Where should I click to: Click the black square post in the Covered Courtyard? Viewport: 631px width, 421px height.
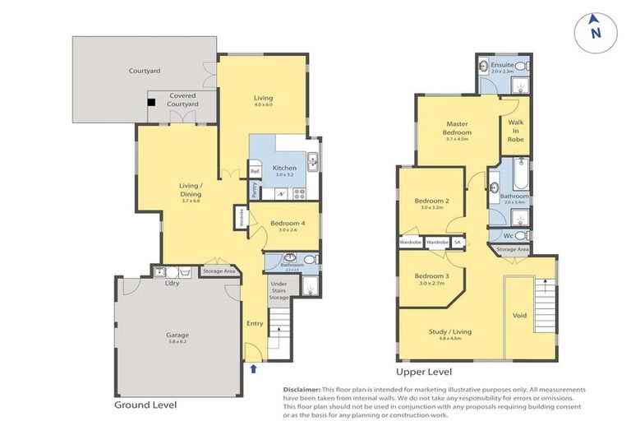pyautogui.click(x=152, y=102)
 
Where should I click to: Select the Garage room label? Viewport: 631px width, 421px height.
pyautogui.click(x=177, y=335)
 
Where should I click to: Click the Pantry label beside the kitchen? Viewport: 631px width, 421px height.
pyautogui.click(x=256, y=190)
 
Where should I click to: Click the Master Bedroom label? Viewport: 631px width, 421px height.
pyautogui.click(x=457, y=128)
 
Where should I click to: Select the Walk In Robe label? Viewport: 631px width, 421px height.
pyautogui.click(x=515, y=132)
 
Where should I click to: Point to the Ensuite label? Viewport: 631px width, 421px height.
pyautogui.click(x=502, y=65)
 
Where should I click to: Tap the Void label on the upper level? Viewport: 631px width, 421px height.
pyautogui.click(x=518, y=315)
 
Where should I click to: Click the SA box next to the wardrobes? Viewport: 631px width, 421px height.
pyautogui.click(x=457, y=243)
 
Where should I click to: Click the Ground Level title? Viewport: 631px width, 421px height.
pyautogui.click(x=145, y=405)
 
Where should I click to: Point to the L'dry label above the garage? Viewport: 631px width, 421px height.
pyautogui.click(x=172, y=284)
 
